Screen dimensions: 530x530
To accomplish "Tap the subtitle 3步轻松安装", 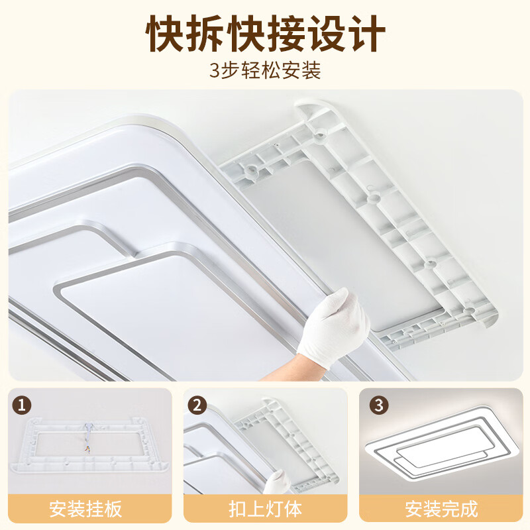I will tap(265, 71).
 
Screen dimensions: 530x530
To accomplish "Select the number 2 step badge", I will tap(197, 405).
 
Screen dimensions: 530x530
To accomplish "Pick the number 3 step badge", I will tap(378, 405).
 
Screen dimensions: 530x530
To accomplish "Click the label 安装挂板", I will tap(86, 509).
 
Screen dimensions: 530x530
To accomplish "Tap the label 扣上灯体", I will tap(265, 509).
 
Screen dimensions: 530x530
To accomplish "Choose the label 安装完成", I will tap(441, 509).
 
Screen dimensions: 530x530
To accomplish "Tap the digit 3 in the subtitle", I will tap(214, 71).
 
